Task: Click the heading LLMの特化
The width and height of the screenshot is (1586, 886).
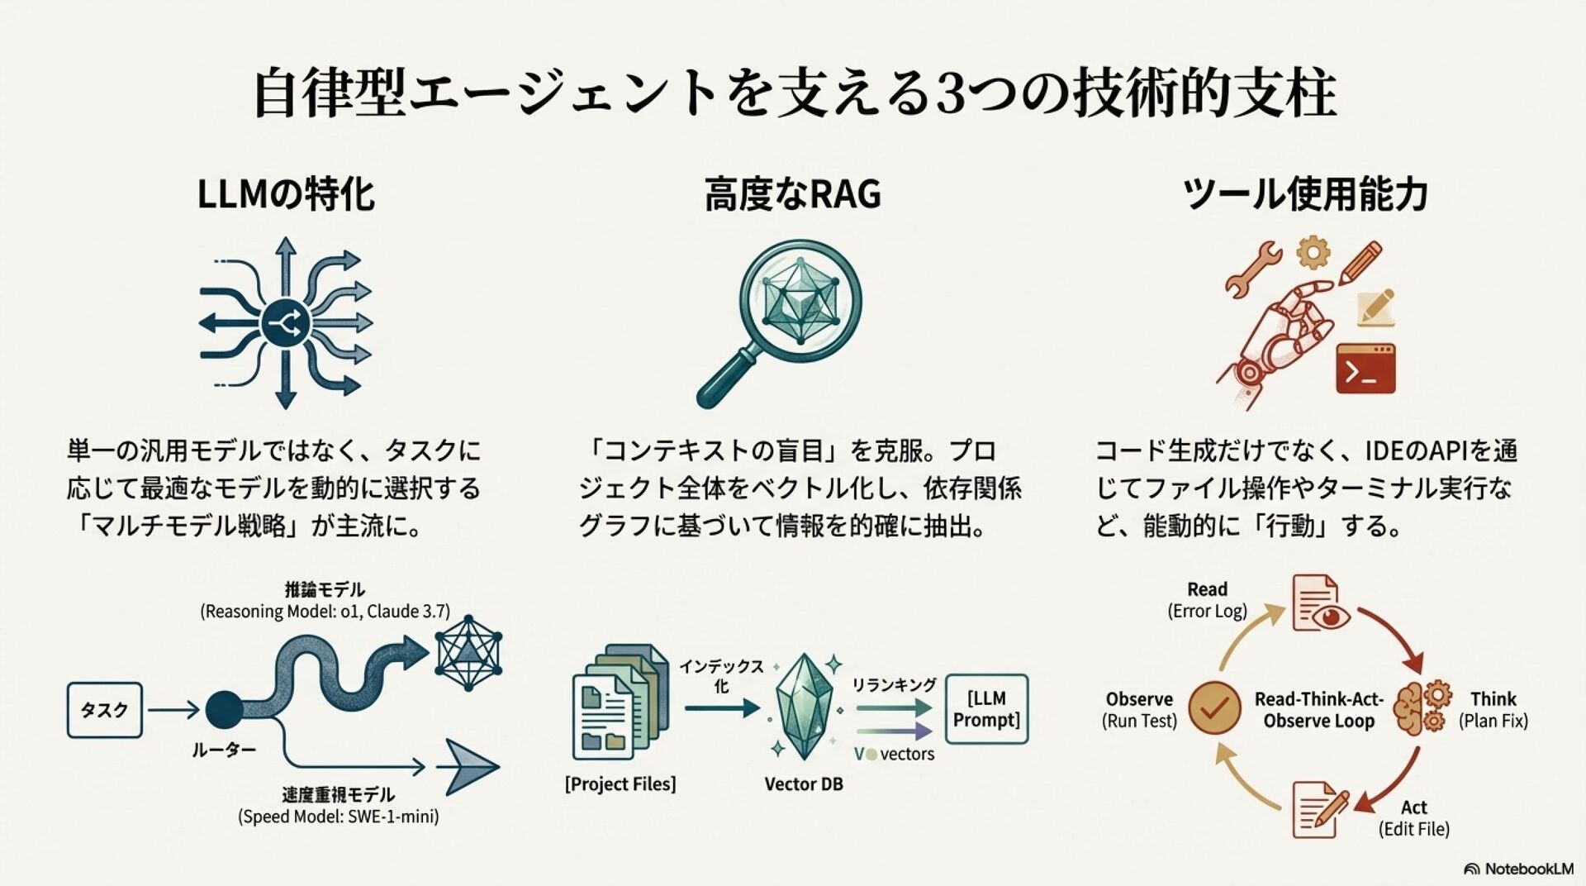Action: point(286,195)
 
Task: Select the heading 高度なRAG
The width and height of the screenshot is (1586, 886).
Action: point(792,195)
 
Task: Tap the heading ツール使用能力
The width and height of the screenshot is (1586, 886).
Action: point(1305,195)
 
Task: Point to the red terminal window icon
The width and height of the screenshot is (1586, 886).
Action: point(1365,369)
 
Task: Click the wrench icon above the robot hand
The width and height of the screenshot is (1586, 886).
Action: point(1251,269)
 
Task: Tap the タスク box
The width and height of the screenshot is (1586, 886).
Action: point(105,710)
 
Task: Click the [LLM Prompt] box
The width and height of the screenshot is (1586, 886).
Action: point(986,708)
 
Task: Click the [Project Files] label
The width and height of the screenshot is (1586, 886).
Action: point(620,784)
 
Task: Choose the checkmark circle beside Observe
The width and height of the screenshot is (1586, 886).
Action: point(1214,708)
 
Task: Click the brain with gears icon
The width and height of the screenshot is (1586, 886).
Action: point(1421,708)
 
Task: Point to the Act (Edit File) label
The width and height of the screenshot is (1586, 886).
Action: point(1413,817)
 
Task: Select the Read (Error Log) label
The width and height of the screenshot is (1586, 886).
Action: point(1207,600)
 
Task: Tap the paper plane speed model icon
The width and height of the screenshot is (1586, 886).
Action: point(467,766)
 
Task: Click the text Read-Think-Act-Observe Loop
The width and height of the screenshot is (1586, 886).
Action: point(1318,709)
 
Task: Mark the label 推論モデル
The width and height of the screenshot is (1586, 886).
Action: point(325,589)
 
